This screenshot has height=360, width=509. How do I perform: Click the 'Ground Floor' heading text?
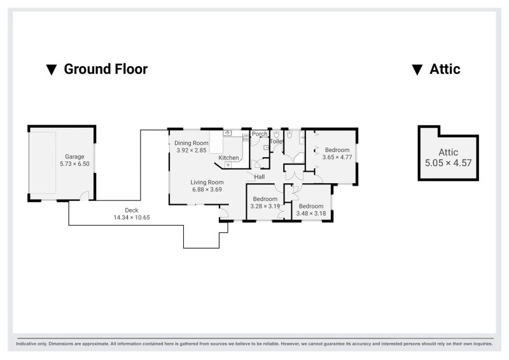click(106, 69)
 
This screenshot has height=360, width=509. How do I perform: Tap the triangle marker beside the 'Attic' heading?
click(417, 70)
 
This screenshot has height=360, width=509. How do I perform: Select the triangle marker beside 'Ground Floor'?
click(52, 70)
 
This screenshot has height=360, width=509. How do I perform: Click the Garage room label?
click(74, 156)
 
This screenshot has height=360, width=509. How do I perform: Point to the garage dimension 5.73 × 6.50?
click(74, 164)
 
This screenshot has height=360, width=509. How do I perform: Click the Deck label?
click(132, 210)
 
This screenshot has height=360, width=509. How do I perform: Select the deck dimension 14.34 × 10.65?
click(132, 218)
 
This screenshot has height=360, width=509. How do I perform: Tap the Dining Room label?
click(192, 143)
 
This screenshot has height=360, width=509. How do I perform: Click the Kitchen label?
click(228, 158)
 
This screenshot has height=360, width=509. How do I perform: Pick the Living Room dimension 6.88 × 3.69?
click(207, 190)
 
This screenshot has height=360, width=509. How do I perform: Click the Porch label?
click(260, 134)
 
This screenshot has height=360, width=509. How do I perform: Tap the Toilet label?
click(277, 142)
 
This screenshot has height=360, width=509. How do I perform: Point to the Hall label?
click(260, 177)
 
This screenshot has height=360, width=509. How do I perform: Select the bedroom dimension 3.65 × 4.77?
click(337, 157)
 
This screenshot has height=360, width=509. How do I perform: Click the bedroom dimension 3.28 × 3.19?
click(265, 206)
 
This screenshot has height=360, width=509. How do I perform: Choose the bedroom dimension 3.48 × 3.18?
click(311, 213)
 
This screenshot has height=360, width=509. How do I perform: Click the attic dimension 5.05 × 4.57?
click(449, 163)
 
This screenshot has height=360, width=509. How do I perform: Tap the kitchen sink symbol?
click(227, 133)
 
